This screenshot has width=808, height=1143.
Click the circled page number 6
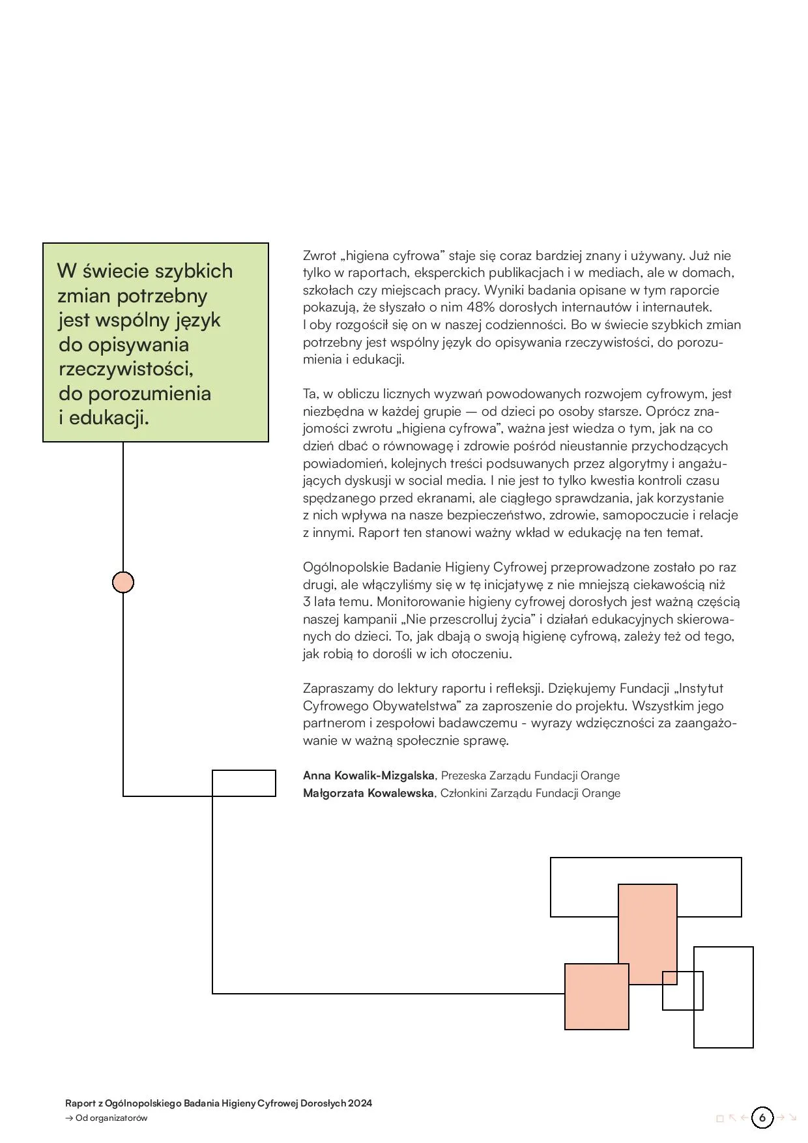pos(762,1117)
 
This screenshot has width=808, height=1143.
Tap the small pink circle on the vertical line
pos(123,582)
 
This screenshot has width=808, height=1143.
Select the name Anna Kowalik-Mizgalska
pos(369,775)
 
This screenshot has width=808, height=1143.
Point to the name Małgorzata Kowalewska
pos(368,793)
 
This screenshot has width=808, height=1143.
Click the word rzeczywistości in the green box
pos(125,369)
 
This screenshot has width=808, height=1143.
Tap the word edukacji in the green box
pos(108,418)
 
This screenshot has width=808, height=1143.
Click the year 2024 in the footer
pos(360,1103)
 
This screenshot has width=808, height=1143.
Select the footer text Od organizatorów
pos(111,1118)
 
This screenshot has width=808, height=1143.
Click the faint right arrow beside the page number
pos(780,1118)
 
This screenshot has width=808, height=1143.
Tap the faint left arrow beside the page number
pos(744,1118)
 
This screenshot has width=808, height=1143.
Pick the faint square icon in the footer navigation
pos(720,1118)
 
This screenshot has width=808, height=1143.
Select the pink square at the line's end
pos(596,996)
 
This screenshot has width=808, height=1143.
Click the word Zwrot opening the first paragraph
pos(319,255)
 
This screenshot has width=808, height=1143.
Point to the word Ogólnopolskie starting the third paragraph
pos(345,567)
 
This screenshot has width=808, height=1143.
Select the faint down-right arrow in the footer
pos(793,1118)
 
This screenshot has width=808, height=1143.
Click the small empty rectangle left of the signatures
pos(244,783)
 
